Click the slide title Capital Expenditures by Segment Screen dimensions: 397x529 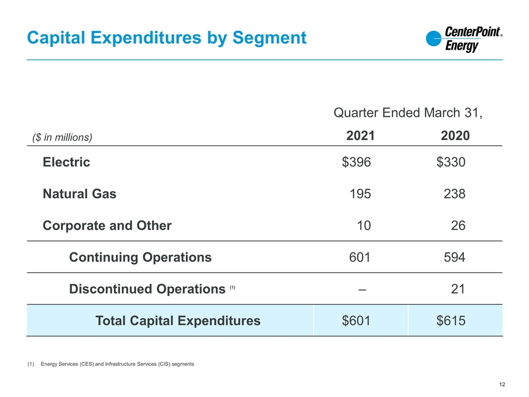(x=166, y=37)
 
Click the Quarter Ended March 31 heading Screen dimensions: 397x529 (x=408, y=113)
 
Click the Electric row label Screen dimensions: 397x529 (x=67, y=163)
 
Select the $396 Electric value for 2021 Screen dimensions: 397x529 (x=357, y=163)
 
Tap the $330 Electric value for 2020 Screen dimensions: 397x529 (x=451, y=163)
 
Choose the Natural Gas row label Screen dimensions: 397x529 (x=79, y=194)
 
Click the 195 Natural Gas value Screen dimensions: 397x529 (x=360, y=194)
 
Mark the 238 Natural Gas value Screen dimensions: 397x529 (x=455, y=194)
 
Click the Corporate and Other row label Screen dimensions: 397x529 (x=107, y=226)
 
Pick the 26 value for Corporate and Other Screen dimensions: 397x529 (x=458, y=226)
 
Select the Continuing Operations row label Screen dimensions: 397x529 (x=140, y=257)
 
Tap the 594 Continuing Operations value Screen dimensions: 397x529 (x=455, y=257)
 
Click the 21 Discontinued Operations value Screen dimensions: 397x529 (x=458, y=288)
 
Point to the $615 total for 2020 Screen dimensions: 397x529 (x=451, y=320)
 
